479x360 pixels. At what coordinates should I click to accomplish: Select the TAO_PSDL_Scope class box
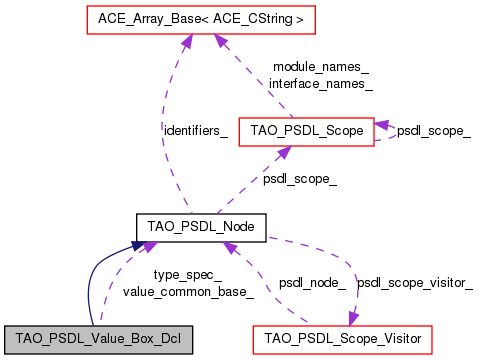pos(306,129)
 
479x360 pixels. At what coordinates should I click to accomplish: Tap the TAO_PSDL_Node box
pos(201,228)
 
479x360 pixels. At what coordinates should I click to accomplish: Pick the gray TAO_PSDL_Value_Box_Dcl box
pos(97,340)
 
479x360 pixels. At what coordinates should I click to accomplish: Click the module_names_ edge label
pos(320,67)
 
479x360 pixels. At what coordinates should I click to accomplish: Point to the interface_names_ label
pos(320,84)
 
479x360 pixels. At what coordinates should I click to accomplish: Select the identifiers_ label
pos(195,129)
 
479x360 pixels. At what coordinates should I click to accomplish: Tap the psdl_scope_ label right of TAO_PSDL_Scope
pos(434,130)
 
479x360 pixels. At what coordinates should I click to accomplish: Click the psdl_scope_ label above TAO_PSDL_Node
pos(299,179)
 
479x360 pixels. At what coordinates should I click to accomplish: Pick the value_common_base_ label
pos(187,291)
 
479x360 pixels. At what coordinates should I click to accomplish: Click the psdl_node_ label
pos(312,283)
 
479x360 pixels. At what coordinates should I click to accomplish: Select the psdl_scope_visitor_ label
pos(415,283)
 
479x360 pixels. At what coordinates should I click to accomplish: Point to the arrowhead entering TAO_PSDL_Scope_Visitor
pos(350,319)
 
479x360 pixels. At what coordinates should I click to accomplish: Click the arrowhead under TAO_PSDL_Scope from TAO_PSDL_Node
pos(284,151)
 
